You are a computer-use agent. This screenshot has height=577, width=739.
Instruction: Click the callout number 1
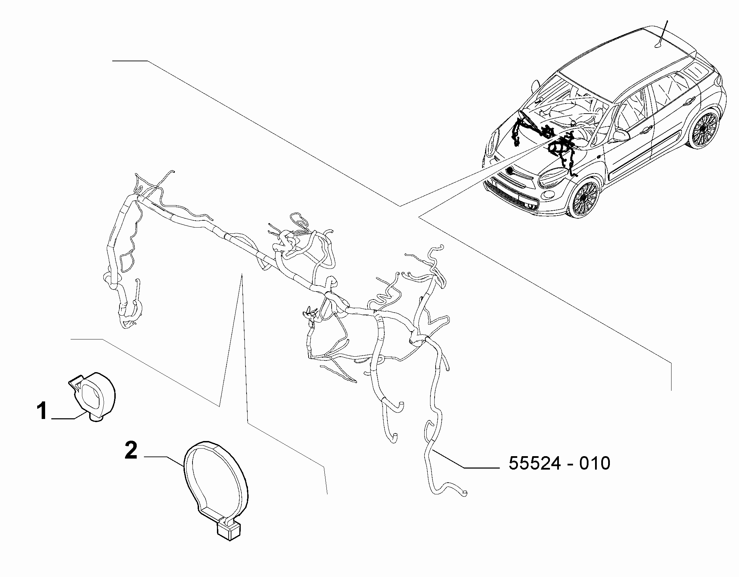point(42,411)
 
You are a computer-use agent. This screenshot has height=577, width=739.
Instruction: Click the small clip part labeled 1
point(92,396)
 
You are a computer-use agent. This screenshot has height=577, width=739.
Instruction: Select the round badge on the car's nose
point(510,170)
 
